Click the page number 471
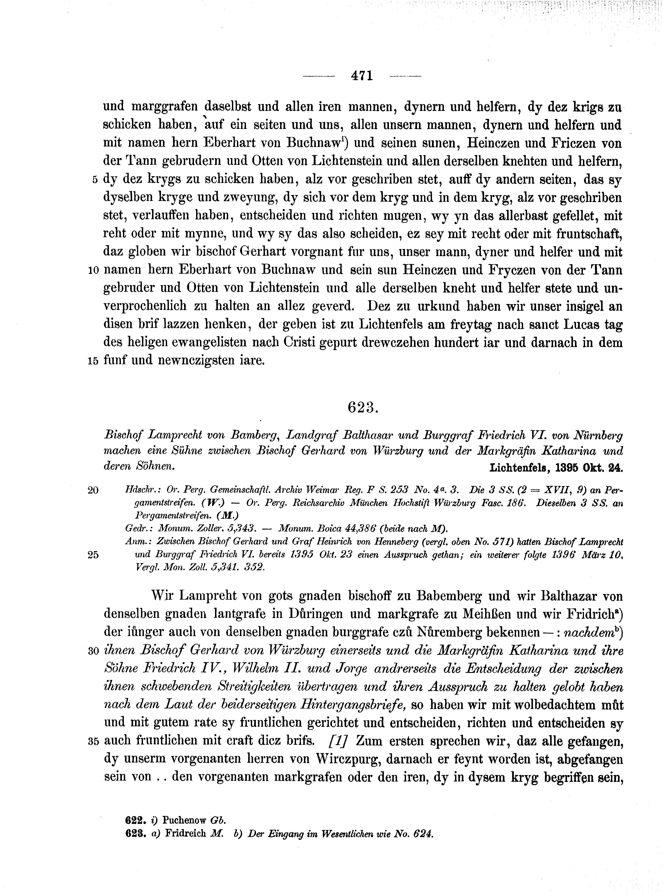click(x=362, y=76)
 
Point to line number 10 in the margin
click(x=93, y=271)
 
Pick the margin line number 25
click(x=93, y=555)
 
